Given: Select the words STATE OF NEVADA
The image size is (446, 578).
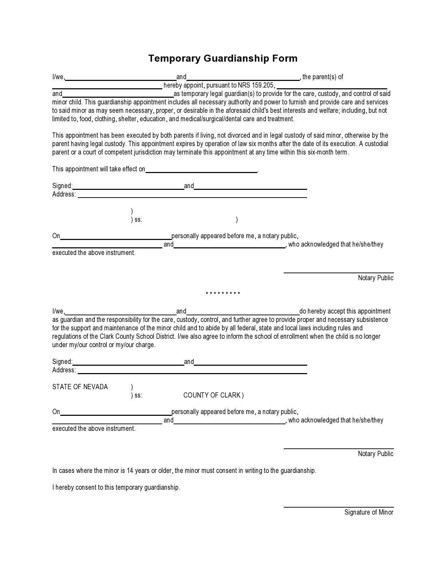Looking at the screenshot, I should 80,387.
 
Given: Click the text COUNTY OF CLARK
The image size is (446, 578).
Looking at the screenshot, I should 212,395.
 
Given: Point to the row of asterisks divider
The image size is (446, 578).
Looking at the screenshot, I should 223,294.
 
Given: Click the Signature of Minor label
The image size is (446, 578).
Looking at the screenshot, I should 369,512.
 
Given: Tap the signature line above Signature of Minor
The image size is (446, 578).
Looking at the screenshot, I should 338,507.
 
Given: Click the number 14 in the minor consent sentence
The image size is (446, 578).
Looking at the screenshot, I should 130,471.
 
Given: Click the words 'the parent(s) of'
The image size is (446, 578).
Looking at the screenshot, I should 323,77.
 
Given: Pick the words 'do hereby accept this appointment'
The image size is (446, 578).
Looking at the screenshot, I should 345,311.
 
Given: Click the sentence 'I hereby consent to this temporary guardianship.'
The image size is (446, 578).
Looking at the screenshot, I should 116,488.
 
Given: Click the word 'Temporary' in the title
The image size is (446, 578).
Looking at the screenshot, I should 174,59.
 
